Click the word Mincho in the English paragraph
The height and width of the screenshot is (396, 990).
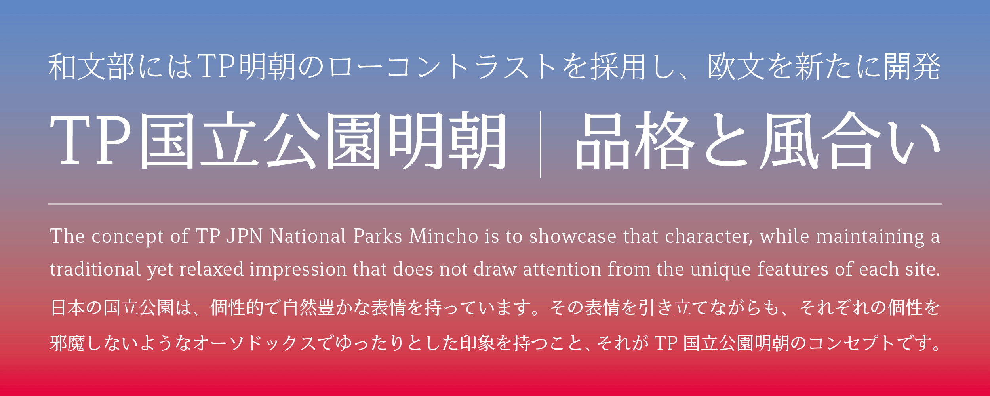[x=444, y=236]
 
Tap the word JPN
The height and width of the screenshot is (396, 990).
[x=245, y=236]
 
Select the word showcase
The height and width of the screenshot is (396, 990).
[x=573, y=236]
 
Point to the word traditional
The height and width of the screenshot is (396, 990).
[x=95, y=269]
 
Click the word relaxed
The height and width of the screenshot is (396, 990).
[x=211, y=269]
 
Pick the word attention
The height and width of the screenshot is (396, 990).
[x=562, y=269]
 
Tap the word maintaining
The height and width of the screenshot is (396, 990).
[x=870, y=237]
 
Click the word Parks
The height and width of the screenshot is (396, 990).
[x=378, y=236]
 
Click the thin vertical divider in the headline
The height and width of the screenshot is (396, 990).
[x=541, y=145]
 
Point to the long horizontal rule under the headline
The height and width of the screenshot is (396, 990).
[x=495, y=204]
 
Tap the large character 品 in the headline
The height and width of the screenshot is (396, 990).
[x=602, y=141]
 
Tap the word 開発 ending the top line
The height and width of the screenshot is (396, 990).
[x=913, y=67]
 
